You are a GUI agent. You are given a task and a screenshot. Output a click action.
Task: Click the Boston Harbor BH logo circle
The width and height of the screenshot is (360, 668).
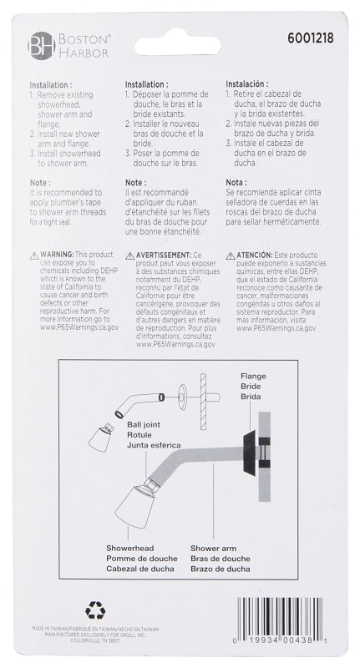[x=40, y=44]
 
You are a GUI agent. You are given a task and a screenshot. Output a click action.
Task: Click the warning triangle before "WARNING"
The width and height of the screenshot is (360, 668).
[x=34, y=255]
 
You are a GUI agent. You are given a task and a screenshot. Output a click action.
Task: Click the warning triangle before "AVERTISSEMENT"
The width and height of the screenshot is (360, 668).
[x=129, y=255]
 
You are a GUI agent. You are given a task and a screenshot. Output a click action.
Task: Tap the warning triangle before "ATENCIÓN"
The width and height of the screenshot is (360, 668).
[x=231, y=255]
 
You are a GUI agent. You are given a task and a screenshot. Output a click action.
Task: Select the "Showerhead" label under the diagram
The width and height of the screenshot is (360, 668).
[x=129, y=548]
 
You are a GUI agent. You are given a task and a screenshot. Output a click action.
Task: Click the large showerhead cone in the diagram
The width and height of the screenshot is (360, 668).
[x=134, y=505]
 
